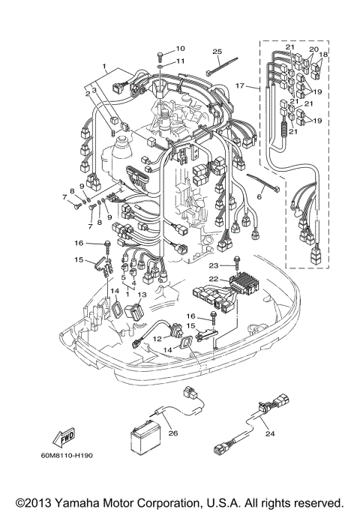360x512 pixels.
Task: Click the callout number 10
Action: [x=180, y=48]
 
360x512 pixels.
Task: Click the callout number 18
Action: [x=325, y=55]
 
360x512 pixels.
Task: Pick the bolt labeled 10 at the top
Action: [x=162, y=55]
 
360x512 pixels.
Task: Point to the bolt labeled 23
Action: [x=237, y=263]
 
